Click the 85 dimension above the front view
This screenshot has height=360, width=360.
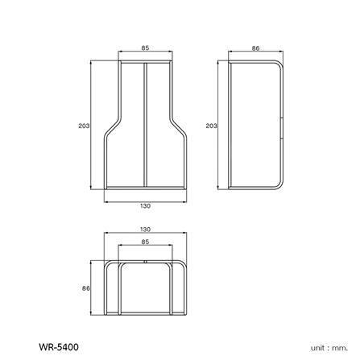(145, 48)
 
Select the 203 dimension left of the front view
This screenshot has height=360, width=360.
(83, 126)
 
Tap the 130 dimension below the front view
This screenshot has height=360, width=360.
(145, 205)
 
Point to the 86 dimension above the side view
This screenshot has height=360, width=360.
(255, 48)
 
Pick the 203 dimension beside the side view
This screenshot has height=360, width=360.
(211, 126)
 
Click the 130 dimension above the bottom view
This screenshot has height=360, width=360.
(145, 230)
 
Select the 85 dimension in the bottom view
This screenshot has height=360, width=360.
(145, 242)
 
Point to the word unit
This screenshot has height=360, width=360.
(317, 347)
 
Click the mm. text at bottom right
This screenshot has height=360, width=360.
(338, 347)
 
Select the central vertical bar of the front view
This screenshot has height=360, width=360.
(145, 125)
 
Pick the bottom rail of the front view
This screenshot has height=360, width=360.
(145, 191)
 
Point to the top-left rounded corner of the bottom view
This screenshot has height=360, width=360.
(109, 263)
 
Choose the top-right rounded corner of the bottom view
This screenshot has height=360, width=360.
(182, 263)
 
